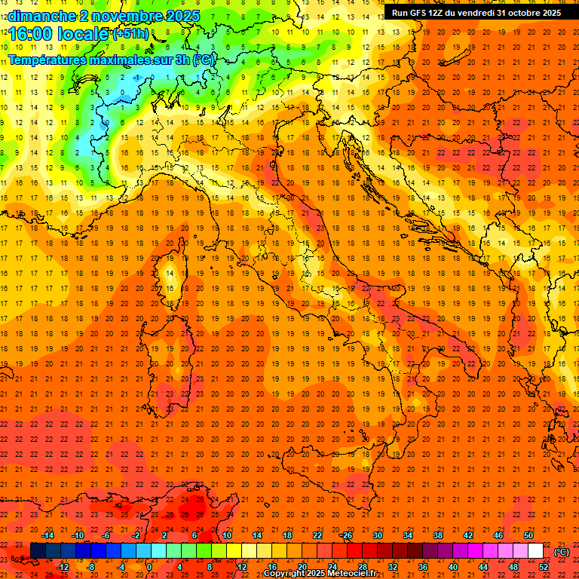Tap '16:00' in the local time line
pos(29,34)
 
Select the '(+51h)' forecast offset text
pos(130,34)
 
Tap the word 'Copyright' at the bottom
pos(283,574)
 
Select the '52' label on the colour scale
pos(544,567)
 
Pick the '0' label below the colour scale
pos(149,567)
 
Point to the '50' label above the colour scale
pos(528,535)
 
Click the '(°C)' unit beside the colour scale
pos(562,551)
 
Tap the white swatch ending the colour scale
pos(536,551)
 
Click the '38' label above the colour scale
pos(437,535)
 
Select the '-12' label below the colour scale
pos(63,567)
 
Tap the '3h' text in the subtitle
pos(180,60)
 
